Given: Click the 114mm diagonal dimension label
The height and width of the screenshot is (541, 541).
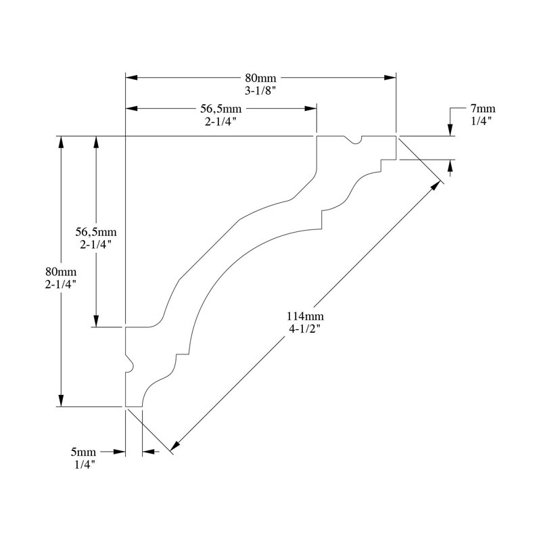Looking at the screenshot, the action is (305, 316).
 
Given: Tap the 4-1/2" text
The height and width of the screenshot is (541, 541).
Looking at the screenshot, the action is (305, 329).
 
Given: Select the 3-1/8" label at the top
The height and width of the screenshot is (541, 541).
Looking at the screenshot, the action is (260, 91).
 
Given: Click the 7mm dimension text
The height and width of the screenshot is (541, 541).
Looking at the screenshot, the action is (483, 109).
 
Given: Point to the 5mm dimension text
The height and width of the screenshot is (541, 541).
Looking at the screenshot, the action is (83, 452).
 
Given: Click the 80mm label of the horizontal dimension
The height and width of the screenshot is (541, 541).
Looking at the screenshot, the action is (260, 78).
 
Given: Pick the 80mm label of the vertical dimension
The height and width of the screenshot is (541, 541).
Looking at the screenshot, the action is (61, 272).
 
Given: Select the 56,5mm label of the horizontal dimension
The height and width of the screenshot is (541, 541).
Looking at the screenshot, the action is (221, 109).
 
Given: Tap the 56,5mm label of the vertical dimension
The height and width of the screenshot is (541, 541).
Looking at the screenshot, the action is (96, 232).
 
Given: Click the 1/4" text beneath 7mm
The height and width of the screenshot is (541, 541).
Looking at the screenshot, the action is (481, 121).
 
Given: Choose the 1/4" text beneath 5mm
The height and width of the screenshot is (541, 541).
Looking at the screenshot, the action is (85, 465).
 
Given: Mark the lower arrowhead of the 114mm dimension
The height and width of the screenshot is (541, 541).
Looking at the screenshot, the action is (176, 446).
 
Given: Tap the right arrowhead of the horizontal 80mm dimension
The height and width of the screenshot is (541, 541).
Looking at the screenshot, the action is (390, 78).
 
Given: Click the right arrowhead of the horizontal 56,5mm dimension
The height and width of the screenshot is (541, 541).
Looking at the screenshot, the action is (311, 109).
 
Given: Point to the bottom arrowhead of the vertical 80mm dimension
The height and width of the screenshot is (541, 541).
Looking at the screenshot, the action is (61, 400).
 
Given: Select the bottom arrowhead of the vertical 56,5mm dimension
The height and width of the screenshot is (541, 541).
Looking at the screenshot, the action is (96, 321).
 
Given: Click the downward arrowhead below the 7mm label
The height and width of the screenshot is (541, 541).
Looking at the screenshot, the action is (450, 130).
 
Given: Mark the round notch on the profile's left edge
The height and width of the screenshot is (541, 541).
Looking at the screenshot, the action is (129, 363).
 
